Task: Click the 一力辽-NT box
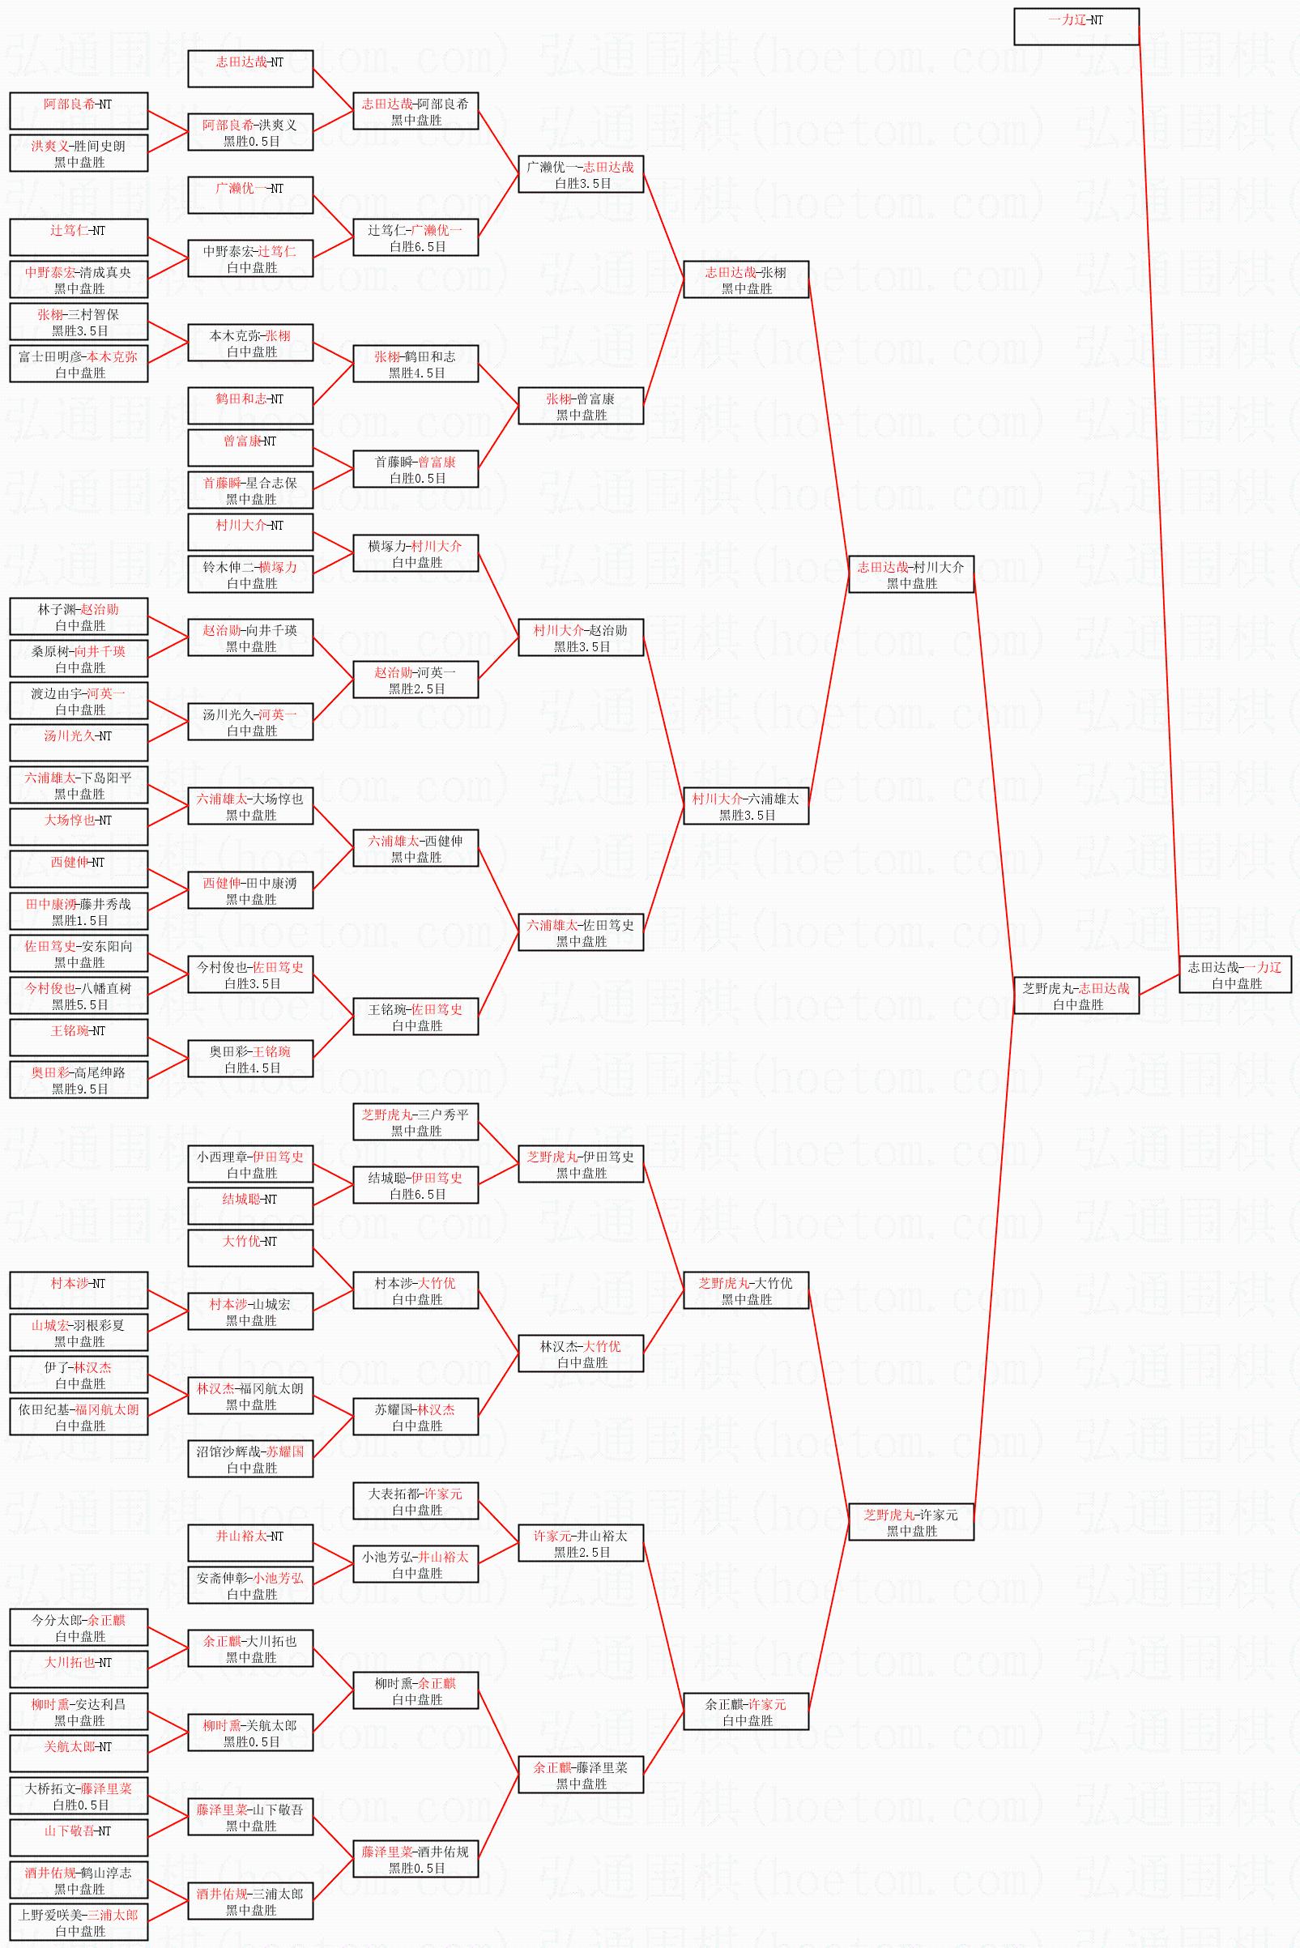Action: click(1076, 27)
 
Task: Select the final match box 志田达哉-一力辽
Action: click(1234, 974)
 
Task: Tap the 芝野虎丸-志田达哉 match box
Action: click(1076, 995)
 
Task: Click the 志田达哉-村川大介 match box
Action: click(910, 574)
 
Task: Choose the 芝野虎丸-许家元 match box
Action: click(910, 1522)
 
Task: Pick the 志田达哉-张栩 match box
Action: click(745, 279)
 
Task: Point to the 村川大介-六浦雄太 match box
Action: click(745, 806)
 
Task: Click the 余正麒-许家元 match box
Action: click(745, 1711)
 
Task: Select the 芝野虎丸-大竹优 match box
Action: click(745, 1290)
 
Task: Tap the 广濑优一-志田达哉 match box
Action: click(581, 174)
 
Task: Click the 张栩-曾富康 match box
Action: click(581, 406)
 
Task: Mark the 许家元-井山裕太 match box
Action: click(581, 1544)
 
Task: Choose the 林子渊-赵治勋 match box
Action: click(79, 616)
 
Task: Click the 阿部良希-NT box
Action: click(79, 111)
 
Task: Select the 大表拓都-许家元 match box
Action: click(416, 1501)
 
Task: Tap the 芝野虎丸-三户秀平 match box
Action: click(416, 1123)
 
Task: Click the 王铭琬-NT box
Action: click(79, 1038)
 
